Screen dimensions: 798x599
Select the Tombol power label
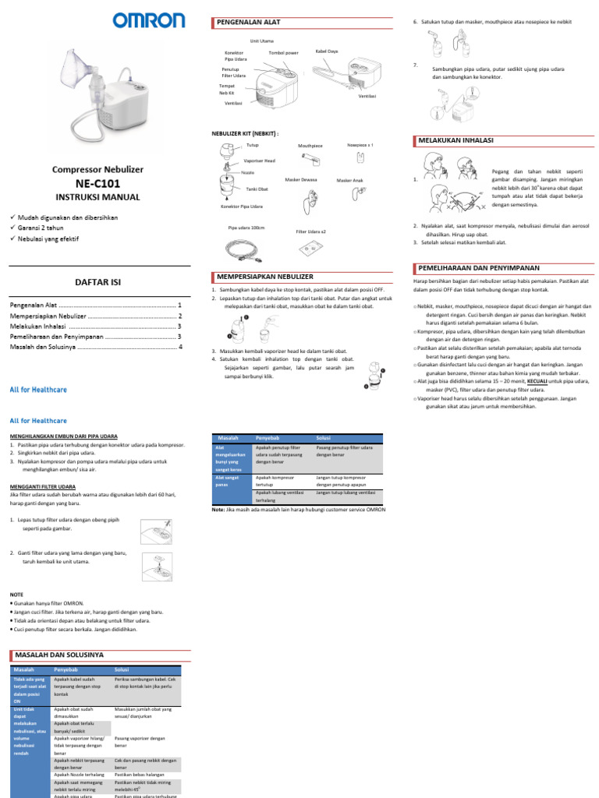click(283, 53)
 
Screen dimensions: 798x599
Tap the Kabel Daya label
click(326, 51)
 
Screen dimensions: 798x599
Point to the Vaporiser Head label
click(259, 161)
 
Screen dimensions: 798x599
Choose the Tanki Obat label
click(257, 189)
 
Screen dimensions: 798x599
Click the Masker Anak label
click(349, 180)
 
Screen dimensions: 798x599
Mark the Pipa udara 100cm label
click(246, 228)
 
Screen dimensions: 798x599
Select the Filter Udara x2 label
click(311, 231)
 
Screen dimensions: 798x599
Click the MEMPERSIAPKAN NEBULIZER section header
click(264, 277)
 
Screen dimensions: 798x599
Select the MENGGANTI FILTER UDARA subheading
click(48, 486)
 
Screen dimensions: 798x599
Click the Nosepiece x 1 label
click(360, 145)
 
